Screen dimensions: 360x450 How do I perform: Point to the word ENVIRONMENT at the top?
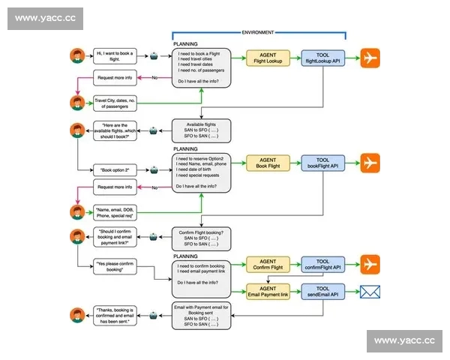pyautogui.click(x=258, y=33)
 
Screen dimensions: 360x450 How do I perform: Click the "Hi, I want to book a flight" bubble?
pyautogui.click(x=115, y=57)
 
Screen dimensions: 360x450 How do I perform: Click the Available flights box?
pyautogui.click(x=199, y=130)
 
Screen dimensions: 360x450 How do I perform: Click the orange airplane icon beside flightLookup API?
pyautogui.click(x=370, y=58)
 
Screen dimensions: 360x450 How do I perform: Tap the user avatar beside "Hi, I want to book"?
pyautogui.click(x=76, y=56)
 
